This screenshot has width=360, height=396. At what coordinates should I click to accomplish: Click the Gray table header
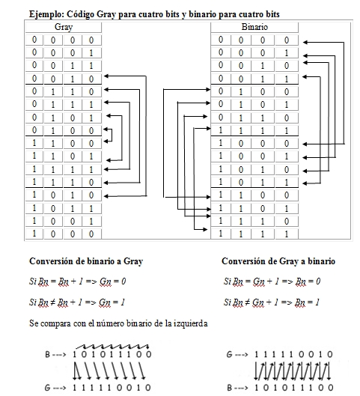pyautogui.click(x=64, y=26)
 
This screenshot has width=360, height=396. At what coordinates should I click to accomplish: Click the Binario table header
pyautogui.click(x=254, y=26)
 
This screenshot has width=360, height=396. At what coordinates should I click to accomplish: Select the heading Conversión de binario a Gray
pyautogui.click(x=86, y=261)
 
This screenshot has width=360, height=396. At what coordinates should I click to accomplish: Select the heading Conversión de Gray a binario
pyautogui.click(x=278, y=261)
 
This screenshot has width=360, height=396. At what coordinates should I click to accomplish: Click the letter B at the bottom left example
pyautogui.click(x=46, y=353)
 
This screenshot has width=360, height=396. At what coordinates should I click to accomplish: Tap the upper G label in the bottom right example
pyautogui.click(x=228, y=353)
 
